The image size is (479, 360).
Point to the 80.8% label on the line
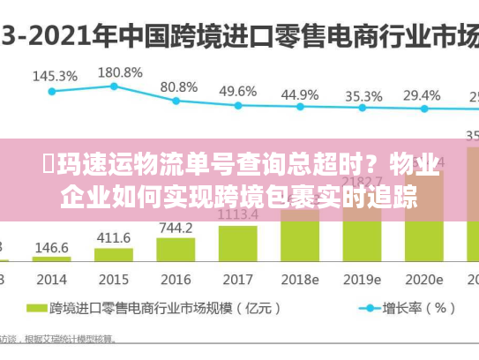[178, 87]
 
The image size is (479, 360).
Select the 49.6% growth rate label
[237, 91]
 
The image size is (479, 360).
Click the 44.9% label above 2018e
[300, 94]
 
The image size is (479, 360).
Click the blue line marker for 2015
[115, 86]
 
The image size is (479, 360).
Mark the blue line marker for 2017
[237, 105]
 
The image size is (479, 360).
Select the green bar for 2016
[176, 251]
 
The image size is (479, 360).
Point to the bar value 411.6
[114, 238]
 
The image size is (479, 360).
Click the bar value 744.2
[176, 228]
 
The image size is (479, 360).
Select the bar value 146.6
[52, 249]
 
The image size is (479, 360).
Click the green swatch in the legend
[37, 309]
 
